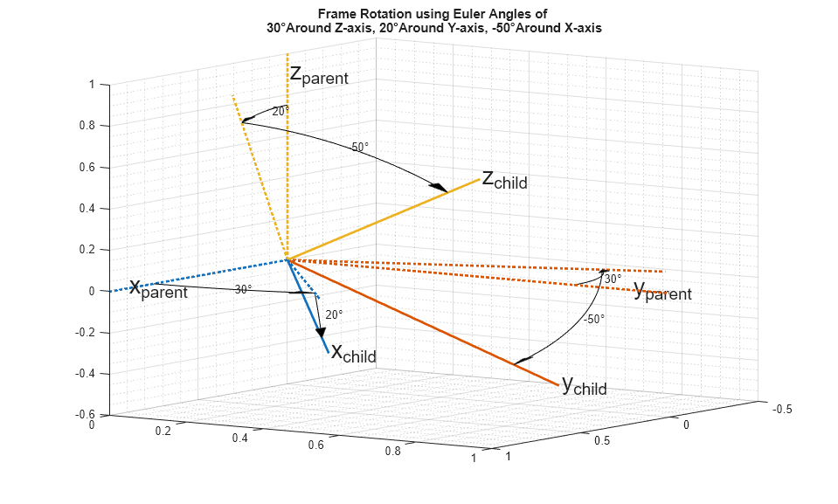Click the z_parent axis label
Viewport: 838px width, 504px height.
coord(319,76)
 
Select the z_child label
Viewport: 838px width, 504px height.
coord(505,180)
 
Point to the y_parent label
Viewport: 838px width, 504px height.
coord(662,291)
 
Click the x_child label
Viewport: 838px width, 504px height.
coord(354,353)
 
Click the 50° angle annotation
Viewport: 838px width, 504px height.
coord(360,148)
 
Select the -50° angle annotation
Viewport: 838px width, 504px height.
coord(594,320)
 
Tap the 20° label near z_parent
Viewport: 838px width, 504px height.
coord(279,112)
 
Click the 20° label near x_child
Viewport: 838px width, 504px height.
coord(334,314)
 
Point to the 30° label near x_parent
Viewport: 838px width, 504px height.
coord(243,289)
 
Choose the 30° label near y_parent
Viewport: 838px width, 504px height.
coord(613,279)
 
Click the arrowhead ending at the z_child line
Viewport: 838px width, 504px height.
coord(437,187)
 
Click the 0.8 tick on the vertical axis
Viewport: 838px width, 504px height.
coord(91,126)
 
